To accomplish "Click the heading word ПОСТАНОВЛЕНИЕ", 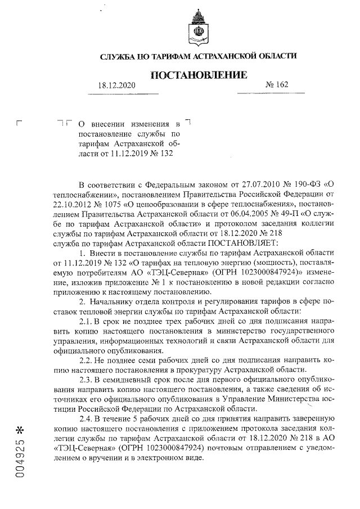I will [x=199, y=75].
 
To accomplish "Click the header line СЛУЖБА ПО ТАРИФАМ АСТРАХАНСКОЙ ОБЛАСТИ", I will [x=197, y=57].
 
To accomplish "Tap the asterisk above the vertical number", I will [x=21, y=431].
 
